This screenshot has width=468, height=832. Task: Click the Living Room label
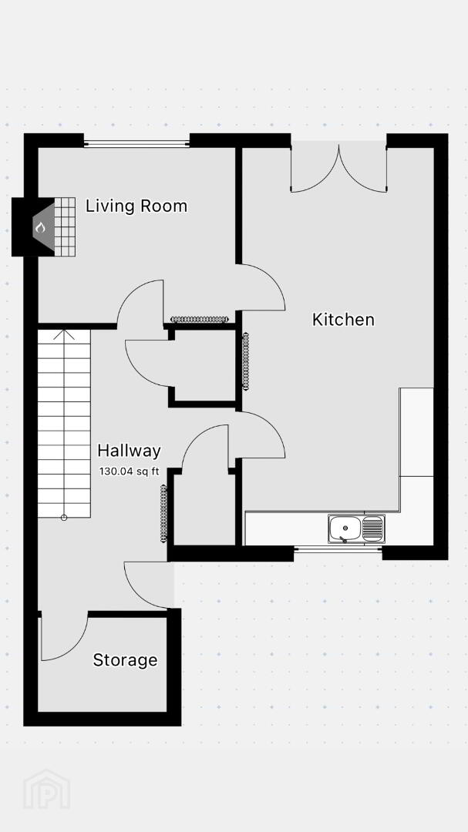[x=136, y=206]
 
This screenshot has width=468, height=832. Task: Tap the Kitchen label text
[x=343, y=320]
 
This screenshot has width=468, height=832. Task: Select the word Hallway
[x=129, y=451]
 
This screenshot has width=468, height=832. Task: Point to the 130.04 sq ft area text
[x=129, y=471]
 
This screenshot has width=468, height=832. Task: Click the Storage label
[x=126, y=660]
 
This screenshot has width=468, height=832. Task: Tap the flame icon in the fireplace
[x=40, y=227]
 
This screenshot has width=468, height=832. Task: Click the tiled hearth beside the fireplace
[x=65, y=227]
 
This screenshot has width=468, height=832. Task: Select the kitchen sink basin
[x=344, y=529]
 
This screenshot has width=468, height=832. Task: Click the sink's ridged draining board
[x=373, y=528]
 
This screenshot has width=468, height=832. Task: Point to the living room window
[x=136, y=143]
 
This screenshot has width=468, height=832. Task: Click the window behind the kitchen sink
[x=338, y=549]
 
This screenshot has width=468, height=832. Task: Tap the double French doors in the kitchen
[x=338, y=168]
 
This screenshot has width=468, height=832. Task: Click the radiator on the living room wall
[x=199, y=320]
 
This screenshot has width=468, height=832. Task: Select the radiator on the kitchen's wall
[x=246, y=361]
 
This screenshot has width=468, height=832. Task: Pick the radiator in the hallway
[x=163, y=514]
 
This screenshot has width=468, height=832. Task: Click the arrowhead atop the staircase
[x=64, y=334]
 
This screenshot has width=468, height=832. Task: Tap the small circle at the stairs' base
[x=64, y=518]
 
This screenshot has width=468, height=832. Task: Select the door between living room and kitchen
[x=261, y=287]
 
